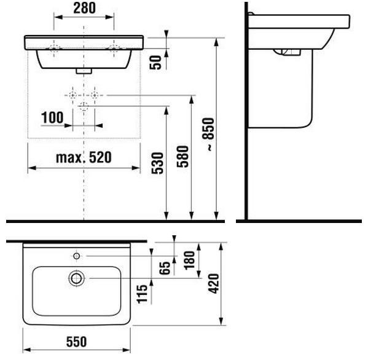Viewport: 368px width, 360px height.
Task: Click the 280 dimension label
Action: pos(85,8)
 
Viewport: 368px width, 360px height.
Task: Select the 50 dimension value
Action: pos(155,63)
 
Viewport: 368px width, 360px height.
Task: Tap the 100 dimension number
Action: pos(52,117)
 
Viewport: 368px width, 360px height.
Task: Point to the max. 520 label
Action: pos(84,157)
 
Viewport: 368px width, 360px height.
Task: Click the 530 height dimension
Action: pos(157,163)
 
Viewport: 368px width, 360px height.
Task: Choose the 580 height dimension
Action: pos(182,157)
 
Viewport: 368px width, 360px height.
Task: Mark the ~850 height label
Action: pos(208,135)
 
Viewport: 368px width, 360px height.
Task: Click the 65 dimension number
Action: pos(165,268)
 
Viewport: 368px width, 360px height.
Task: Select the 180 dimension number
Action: pos(189,260)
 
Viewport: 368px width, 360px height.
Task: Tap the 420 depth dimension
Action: pos(214,283)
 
